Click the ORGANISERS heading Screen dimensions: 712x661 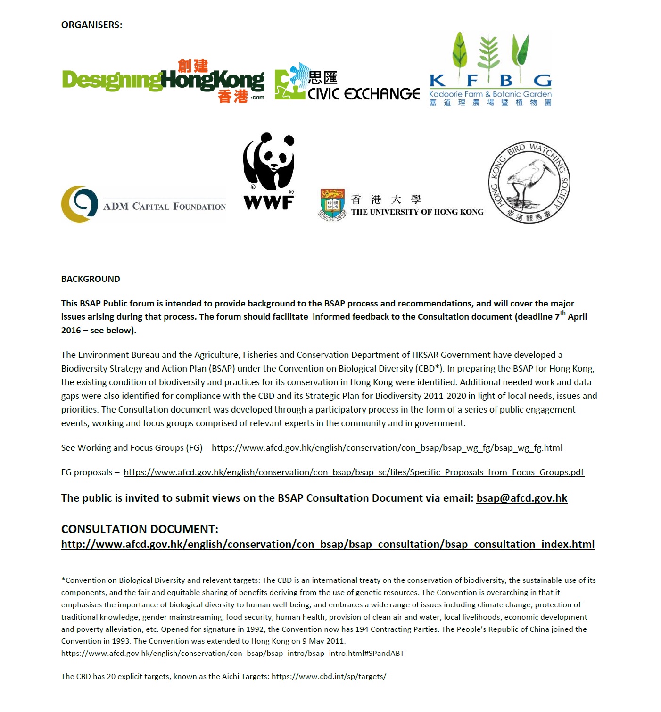coord(91,25)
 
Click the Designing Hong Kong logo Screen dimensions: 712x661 coord(163,81)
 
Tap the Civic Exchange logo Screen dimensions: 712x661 coord(347,83)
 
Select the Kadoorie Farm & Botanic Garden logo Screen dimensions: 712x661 coord(490,70)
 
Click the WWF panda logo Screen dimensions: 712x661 coord(269,171)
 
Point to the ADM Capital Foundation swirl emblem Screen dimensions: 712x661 coord(80,204)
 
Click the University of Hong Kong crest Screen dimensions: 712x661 coord(333,204)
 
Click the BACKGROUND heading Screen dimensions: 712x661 coord(91,279)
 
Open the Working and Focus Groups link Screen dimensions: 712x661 coord(387,448)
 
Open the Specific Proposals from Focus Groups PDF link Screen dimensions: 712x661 coord(354,472)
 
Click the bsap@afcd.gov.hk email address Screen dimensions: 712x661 coord(521,498)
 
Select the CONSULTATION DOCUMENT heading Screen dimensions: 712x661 coord(140,529)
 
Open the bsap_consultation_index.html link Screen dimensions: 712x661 coord(328,545)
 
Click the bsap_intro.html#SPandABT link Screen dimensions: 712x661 coord(232,654)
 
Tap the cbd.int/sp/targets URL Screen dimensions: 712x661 coord(329,677)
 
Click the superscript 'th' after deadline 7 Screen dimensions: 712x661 coord(562,313)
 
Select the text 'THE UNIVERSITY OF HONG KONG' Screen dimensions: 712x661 coord(417,212)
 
